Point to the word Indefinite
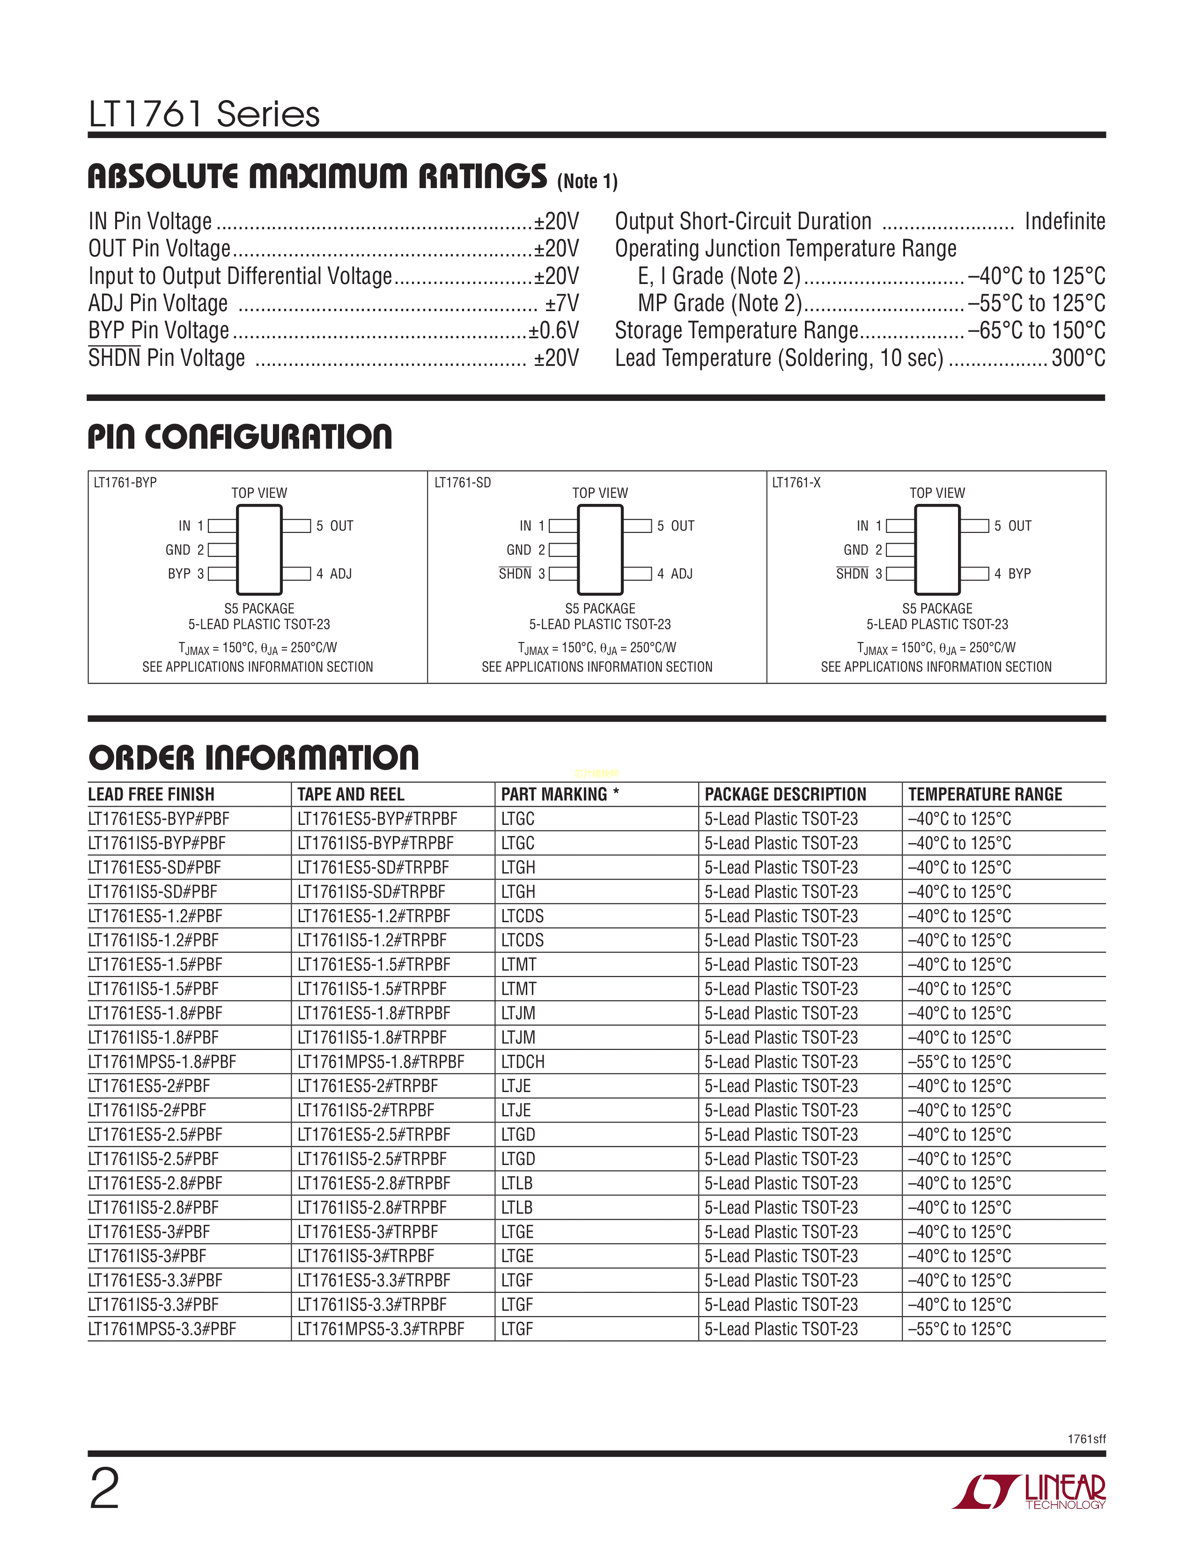click(1065, 221)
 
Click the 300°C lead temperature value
click(1078, 358)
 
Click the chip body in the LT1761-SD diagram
click(600, 550)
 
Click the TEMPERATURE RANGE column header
click(985, 794)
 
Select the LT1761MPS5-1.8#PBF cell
click(162, 1062)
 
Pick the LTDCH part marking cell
click(523, 1062)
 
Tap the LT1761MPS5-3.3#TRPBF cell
click(381, 1329)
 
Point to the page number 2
click(105, 1488)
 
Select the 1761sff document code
click(1086, 1439)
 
